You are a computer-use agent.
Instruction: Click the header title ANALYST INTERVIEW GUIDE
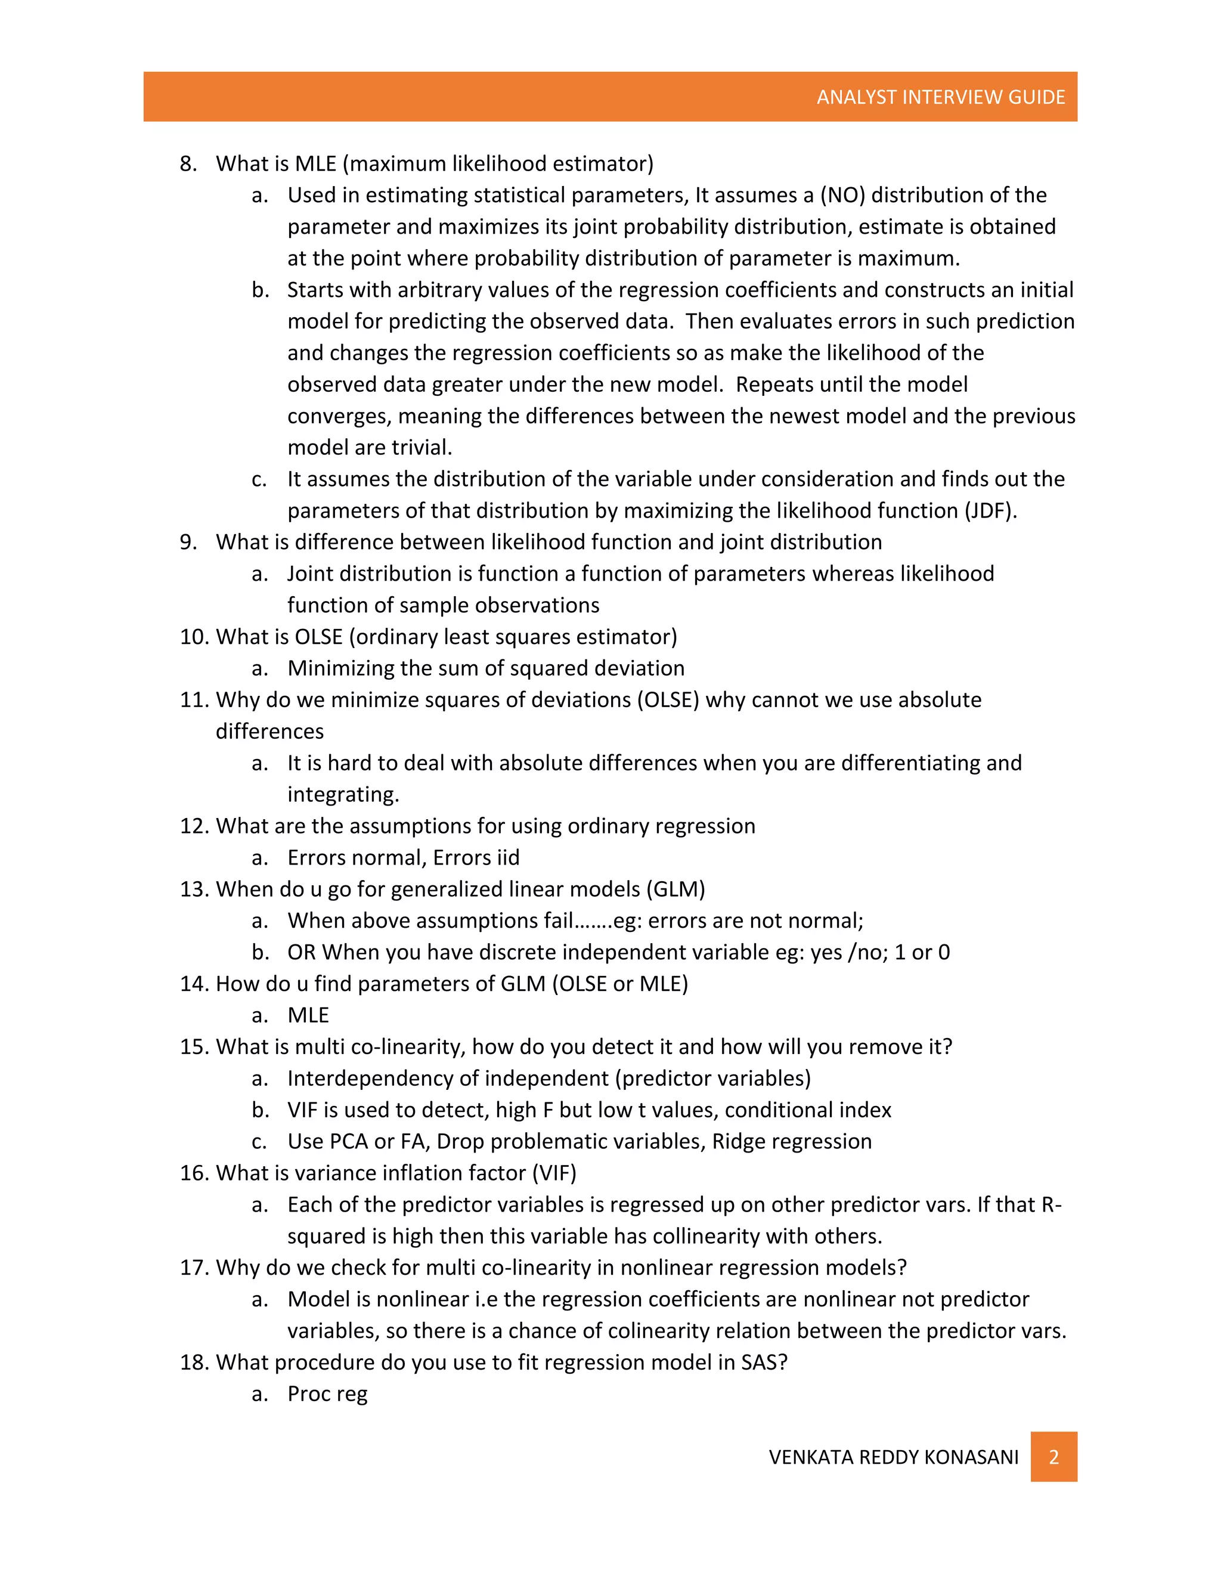tap(940, 97)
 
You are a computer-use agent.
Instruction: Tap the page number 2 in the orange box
tap(1053, 1457)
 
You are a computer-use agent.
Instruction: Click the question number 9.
tap(188, 543)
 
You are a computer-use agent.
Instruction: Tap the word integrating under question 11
tap(342, 795)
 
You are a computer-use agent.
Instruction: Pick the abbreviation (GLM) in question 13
tap(675, 889)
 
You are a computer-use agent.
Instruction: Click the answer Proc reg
tap(327, 1394)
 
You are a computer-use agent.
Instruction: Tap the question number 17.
tap(194, 1268)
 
